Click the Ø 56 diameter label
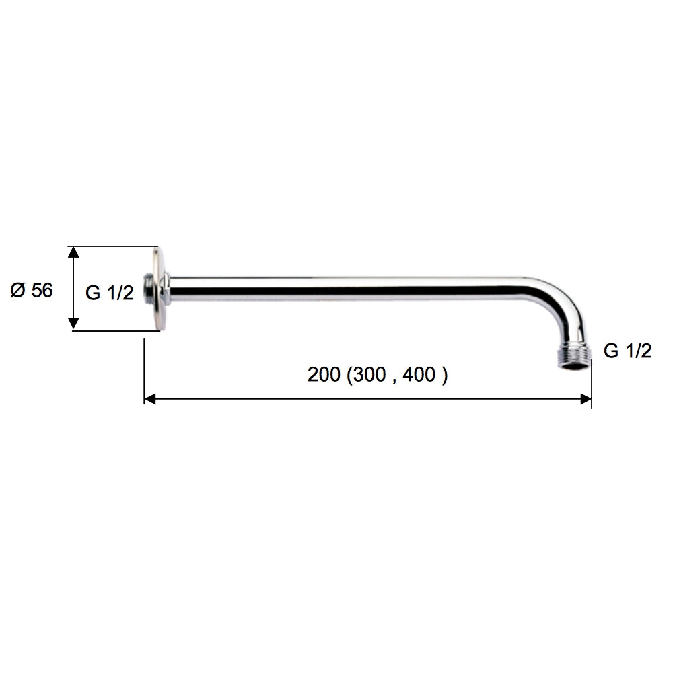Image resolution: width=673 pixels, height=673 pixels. point(32,291)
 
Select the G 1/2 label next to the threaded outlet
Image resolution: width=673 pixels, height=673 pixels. point(627,351)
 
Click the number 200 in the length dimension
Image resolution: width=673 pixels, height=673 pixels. point(324,375)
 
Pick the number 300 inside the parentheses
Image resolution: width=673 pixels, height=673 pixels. point(370,375)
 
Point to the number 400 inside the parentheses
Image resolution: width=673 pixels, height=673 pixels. point(421,375)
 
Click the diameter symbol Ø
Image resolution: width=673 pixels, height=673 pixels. point(18,291)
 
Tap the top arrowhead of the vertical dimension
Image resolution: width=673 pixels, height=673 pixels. point(73,252)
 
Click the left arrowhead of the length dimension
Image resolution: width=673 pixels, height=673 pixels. point(150,399)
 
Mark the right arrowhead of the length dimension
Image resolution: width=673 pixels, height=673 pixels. point(586,399)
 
